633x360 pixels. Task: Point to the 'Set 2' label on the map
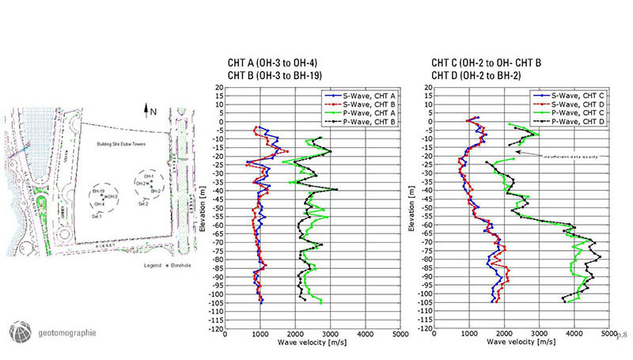point(143,204)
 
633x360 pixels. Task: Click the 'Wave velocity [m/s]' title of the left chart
point(313,344)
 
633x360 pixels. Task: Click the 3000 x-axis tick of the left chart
point(330,335)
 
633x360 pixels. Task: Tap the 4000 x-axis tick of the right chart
point(572,335)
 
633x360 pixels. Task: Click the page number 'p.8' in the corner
point(621,335)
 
